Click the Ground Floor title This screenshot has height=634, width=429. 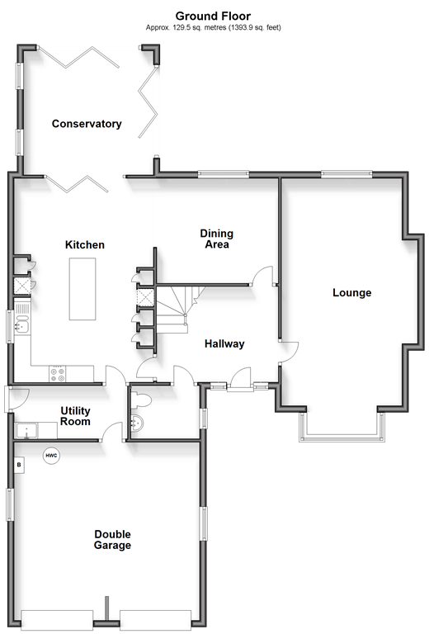pyautogui.click(x=213, y=17)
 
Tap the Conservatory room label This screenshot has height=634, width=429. pyautogui.click(x=87, y=124)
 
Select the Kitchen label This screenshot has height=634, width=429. pyautogui.click(x=85, y=244)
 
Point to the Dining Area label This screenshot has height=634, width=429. pyautogui.click(x=216, y=239)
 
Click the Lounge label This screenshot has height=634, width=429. pyautogui.click(x=351, y=293)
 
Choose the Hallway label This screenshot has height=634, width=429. pyautogui.click(x=224, y=343)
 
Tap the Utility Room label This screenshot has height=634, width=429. pyautogui.click(x=75, y=416)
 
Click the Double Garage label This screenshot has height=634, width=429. pyautogui.click(x=112, y=540)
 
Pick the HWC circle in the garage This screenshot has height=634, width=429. pyautogui.click(x=51, y=456)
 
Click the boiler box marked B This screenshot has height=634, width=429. pyautogui.click(x=19, y=465)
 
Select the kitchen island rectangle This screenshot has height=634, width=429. pyautogui.click(x=82, y=289)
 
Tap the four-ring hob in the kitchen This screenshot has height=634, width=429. pyautogui.click(x=57, y=374)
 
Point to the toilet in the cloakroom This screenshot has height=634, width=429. pyautogui.click(x=140, y=400)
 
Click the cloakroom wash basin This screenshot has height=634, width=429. pyautogui.click(x=137, y=423)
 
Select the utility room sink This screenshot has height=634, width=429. pyautogui.click(x=26, y=431)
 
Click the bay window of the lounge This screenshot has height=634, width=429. pyautogui.click(x=342, y=427)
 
